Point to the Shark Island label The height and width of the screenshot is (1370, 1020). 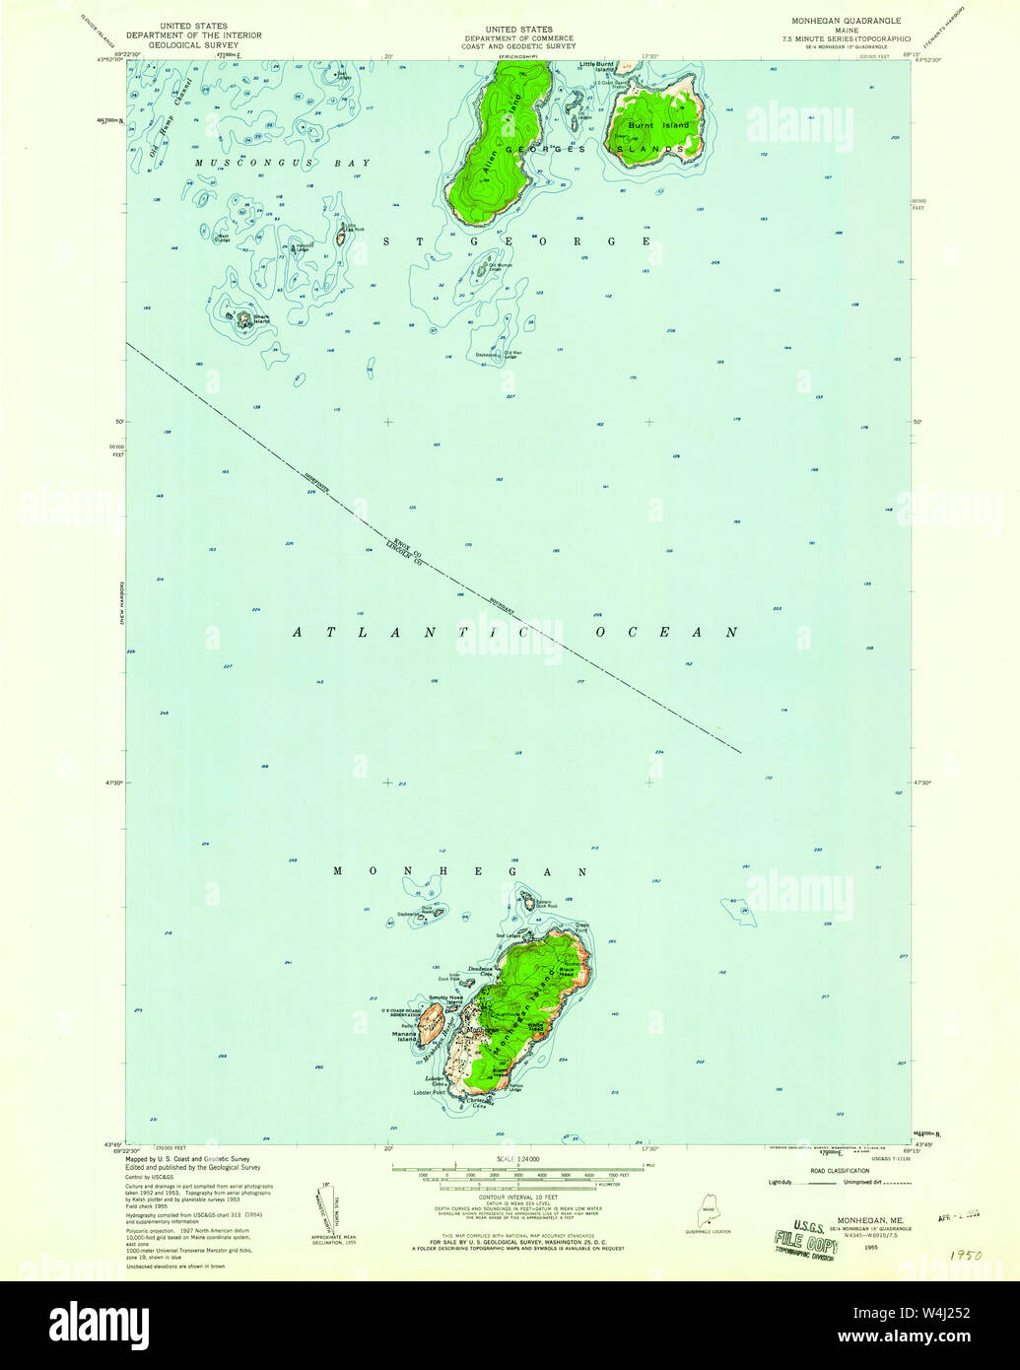pos(260,319)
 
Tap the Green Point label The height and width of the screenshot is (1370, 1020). pos(581,925)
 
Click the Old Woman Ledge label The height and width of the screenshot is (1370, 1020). pos(501,266)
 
